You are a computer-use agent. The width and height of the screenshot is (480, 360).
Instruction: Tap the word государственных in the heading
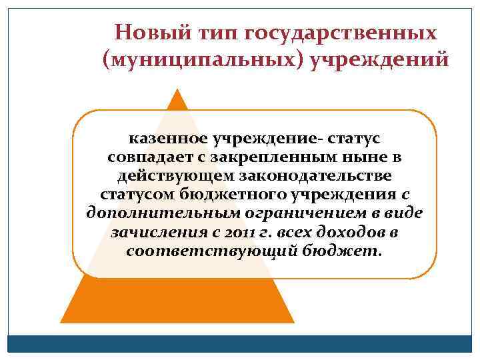[341, 33]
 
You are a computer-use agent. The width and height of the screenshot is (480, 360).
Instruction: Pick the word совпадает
[139, 158]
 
